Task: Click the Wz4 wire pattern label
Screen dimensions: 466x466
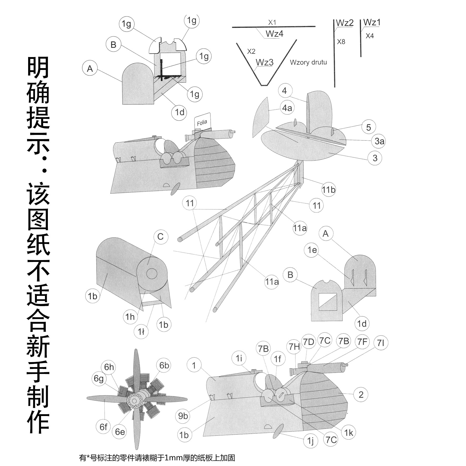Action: point(274,34)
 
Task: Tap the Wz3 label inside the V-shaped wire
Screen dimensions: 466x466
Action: point(265,62)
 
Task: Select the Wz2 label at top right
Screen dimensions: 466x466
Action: point(345,23)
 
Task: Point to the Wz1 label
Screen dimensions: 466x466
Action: point(372,23)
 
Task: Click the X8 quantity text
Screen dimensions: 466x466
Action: point(341,42)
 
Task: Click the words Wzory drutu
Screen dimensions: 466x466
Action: point(308,63)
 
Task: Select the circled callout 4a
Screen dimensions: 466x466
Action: point(287,108)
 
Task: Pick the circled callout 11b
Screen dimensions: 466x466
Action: point(328,189)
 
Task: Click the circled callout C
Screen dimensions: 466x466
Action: point(160,237)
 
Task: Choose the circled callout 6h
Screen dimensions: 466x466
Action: point(109,367)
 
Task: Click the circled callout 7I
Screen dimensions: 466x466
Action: point(381,343)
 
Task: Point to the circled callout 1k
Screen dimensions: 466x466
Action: point(349,433)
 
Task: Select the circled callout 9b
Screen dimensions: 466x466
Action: point(183,416)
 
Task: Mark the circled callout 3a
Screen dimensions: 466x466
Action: point(379,141)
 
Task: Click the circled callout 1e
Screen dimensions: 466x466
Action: point(312,250)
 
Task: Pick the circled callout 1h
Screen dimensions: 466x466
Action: point(130,317)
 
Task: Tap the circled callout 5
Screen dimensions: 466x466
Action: point(368,127)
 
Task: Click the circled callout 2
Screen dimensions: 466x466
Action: point(361,394)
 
